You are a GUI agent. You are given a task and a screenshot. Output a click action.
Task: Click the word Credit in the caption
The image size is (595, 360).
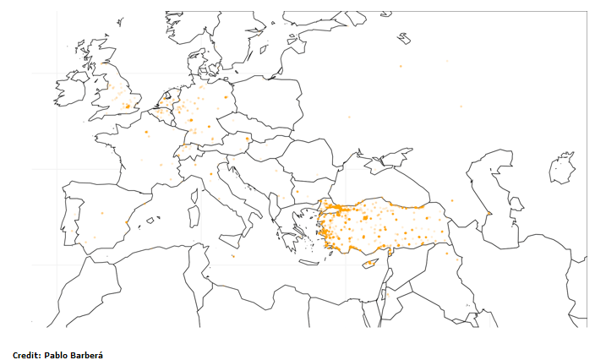[x=27, y=354]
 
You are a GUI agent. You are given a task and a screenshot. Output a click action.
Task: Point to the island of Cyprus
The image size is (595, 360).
[x=370, y=264]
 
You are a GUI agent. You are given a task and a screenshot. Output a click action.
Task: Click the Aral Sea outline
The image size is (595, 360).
[x=562, y=167]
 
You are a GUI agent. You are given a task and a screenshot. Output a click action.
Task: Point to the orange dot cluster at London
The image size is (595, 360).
[x=128, y=106]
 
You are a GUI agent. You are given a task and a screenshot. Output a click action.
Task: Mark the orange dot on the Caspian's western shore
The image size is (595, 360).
[x=488, y=212]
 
